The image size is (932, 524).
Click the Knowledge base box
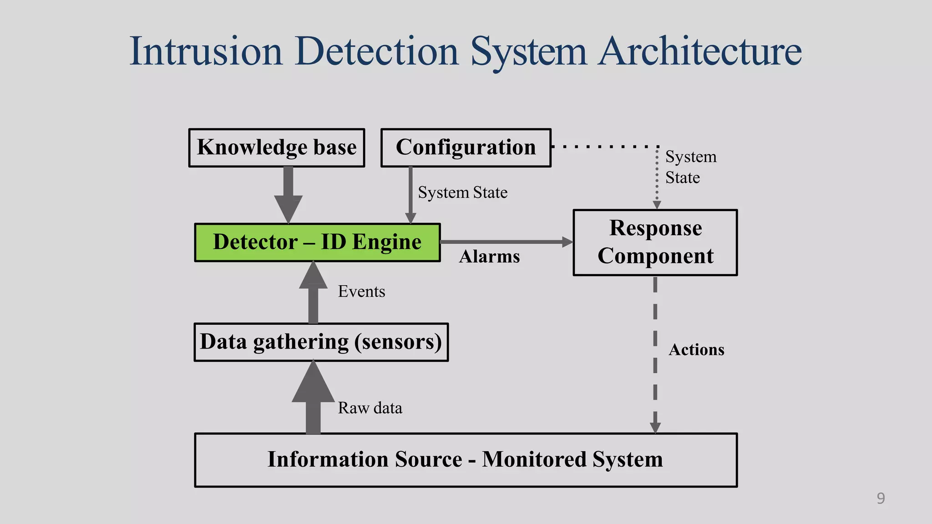click(277, 148)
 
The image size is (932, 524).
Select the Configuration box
click(466, 148)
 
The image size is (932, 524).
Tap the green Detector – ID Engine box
click(317, 242)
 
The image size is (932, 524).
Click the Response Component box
click(655, 242)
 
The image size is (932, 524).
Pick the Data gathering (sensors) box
click(321, 342)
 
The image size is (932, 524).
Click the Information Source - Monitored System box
click(466, 460)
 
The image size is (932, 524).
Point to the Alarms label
click(489, 257)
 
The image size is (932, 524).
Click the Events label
click(361, 292)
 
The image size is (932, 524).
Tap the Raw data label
click(370, 408)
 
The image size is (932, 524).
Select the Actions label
click(696, 350)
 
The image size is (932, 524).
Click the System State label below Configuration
click(462, 192)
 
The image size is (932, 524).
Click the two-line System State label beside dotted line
click(690, 167)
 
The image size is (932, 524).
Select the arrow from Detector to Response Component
click(505, 242)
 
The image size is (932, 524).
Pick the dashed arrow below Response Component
click(655, 355)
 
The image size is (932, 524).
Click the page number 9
click(881, 499)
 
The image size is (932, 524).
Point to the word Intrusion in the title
click(206, 51)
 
